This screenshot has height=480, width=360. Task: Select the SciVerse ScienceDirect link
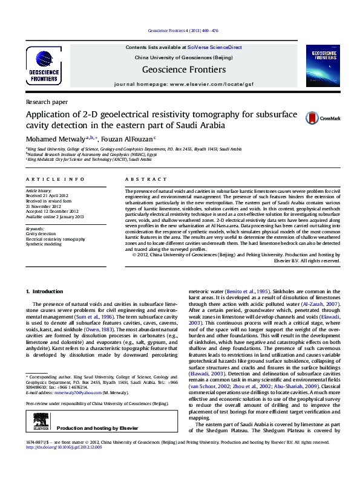215,47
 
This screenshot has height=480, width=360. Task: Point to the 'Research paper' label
47,102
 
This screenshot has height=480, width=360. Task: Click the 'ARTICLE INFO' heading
56,180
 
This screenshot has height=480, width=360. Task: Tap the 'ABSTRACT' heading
146,180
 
